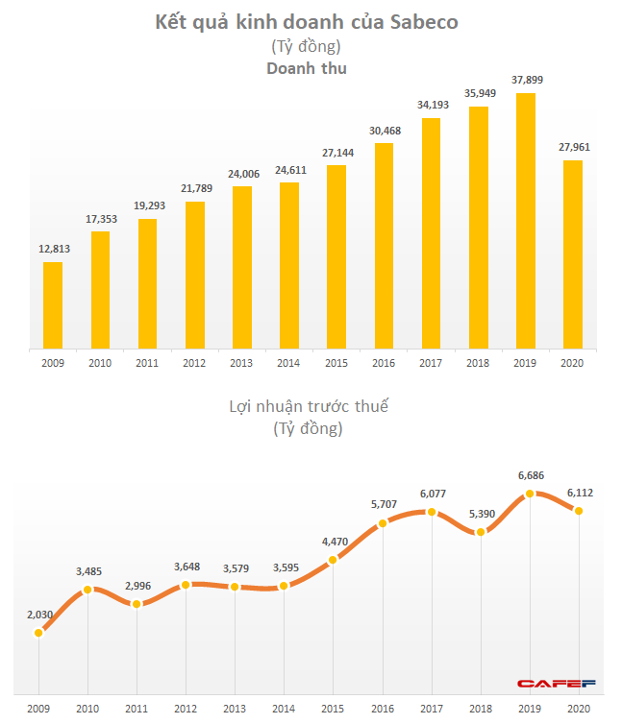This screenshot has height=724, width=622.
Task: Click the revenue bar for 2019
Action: pyautogui.click(x=526, y=220)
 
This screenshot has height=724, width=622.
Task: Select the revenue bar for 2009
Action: pyautogui.click(x=53, y=304)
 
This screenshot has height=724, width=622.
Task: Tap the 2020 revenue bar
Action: pyautogui.click(x=573, y=253)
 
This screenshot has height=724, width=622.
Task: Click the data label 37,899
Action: pyautogui.click(x=526, y=82)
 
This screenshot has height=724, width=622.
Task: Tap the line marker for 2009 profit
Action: pyautogui.click(x=38, y=633)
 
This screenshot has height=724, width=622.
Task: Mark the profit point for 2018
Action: pyautogui.click(x=481, y=532)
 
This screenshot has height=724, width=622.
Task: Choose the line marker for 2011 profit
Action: pyautogui.click(x=137, y=604)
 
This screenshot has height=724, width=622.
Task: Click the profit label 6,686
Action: pyautogui.click(x=529, y=475)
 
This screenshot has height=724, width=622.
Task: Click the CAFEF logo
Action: pyautogui.click(x=558, y=684)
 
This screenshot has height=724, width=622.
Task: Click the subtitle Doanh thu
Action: pyautogui.click(x=307, y=68)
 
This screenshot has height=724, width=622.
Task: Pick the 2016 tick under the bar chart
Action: pyautogui.click(x=384, y=363)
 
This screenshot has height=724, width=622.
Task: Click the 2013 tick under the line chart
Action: pyautogui.click(x=235, y=707)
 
